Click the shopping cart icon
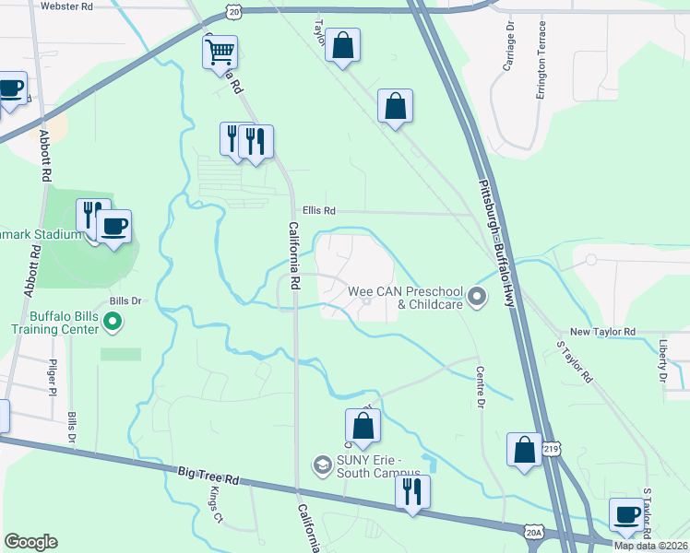pos(220,53)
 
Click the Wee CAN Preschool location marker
pos(477,297)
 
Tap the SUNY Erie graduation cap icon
pos(322,462)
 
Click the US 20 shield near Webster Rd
pos(234,12)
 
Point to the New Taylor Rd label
pos(602,332)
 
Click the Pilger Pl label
pos(54,378)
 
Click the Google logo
pos(30,542)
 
